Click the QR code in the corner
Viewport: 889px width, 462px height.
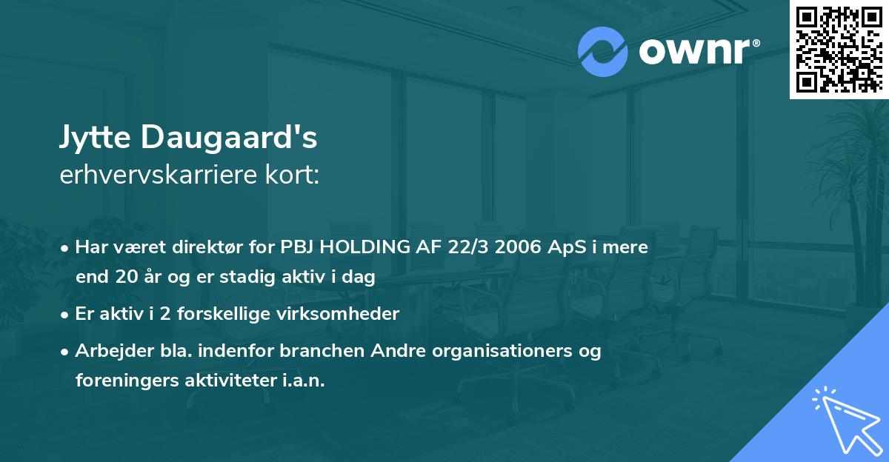coord(838,50)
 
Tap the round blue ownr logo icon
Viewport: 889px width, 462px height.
coord(603,51)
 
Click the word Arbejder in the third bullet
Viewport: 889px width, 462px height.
coord(107,350)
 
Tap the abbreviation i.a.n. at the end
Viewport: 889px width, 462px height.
coord(301,381)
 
